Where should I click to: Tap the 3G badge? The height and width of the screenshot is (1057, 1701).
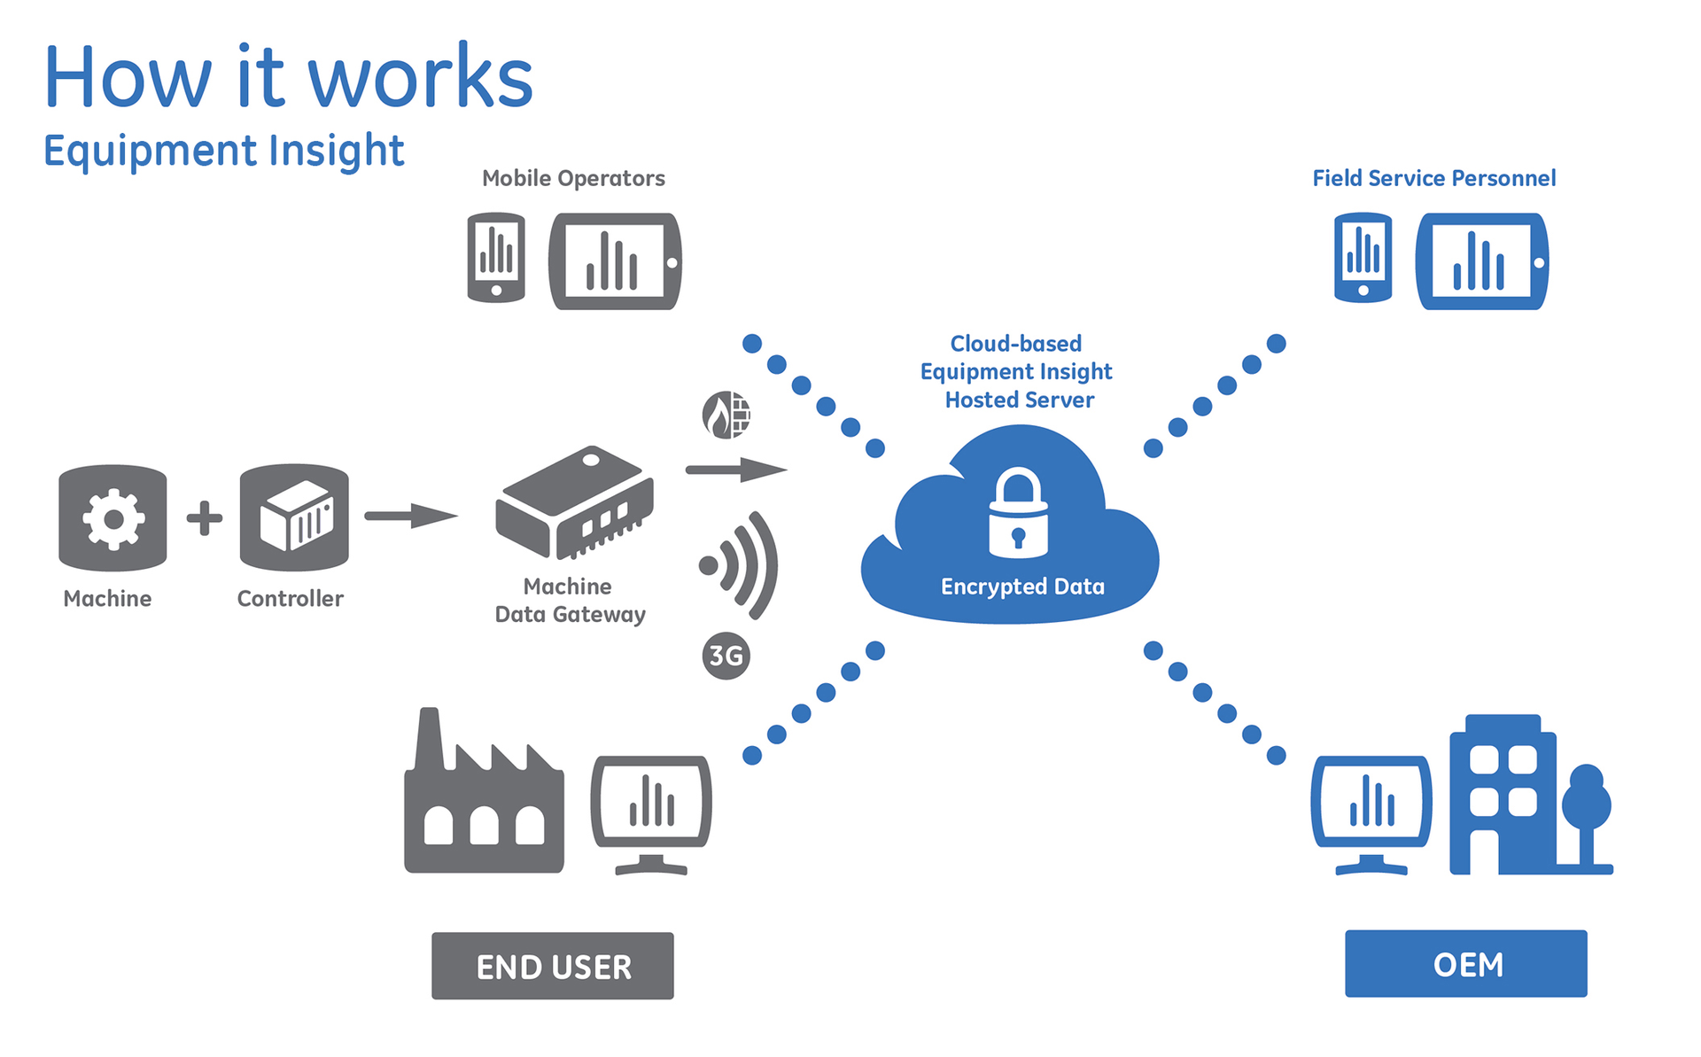(x=726, y=656)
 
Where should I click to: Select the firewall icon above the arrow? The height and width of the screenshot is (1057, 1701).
(x=726, y=415)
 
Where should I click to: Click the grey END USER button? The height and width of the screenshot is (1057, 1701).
(x=553, y=966)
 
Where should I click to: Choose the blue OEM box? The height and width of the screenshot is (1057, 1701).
(x=1466, y=964)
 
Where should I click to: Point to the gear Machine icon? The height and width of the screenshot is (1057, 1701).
(x=113, y=518)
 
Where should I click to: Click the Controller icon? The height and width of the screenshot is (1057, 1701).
(x=294, y=518)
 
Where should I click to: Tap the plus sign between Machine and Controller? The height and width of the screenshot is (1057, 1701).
(x=205, y=518)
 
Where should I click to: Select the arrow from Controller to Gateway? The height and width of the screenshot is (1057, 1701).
(x=411, y=516)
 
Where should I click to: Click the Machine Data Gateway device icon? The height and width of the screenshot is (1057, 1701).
(x=574, y=502)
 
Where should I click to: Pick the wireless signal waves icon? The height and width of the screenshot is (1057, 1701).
(x=741, y=565)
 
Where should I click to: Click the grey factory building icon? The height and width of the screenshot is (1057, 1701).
(x=484, y=797)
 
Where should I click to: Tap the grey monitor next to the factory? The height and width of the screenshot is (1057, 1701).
(x=651, y=811)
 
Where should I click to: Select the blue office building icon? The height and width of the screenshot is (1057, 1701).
(x=1503, y=797)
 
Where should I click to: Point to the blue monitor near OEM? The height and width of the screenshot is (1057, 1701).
(x=1371, y=811)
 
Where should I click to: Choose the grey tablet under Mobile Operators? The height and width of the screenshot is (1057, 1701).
(x=615, y=261)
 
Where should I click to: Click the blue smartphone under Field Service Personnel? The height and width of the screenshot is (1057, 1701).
(x=1363, y=258)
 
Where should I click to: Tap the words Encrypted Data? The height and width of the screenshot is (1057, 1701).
(x=1022, y=587)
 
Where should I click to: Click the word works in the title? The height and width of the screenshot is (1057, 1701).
(x=420, y=78)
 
